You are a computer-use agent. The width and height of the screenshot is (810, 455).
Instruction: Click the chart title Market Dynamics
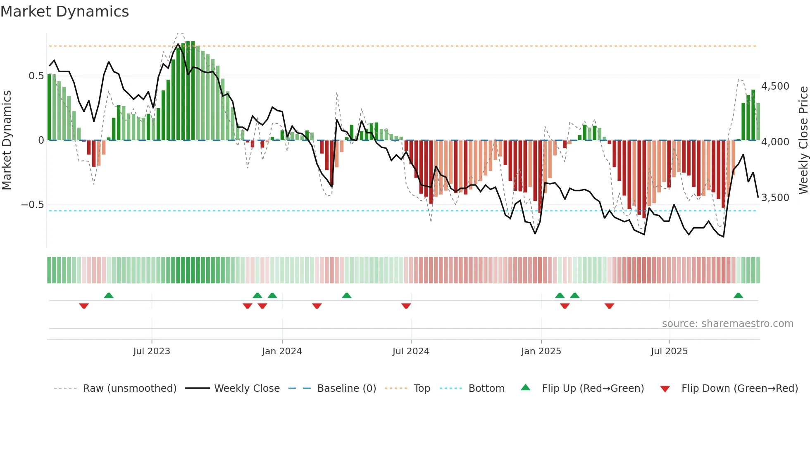click(64, 12)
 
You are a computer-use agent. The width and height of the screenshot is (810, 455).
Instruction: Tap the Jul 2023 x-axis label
click(151, 351)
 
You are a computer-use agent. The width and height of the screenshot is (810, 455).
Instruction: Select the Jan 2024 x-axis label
click(282, 351)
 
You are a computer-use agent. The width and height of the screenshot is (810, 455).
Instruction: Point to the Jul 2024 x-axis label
click(411, 351)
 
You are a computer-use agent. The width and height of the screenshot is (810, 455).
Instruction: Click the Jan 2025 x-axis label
click(541, 351)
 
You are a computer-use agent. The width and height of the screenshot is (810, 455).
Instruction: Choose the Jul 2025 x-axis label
click(669, 351)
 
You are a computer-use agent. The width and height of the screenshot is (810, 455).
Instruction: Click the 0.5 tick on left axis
click(36, 76)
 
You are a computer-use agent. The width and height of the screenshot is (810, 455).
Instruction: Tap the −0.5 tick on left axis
click(32, 205)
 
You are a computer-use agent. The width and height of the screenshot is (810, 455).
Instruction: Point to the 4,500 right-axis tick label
click(775, 86)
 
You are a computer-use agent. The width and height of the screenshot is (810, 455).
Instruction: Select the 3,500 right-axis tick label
click(775, 198)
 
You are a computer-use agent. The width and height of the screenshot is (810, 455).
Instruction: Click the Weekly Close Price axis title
click(803, 140)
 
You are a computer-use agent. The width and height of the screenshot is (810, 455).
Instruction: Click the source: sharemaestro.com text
click(727, 324)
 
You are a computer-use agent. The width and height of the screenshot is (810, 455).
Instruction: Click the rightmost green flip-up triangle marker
click(738, 296)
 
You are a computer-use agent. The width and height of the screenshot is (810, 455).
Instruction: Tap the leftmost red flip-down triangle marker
click(84, 306)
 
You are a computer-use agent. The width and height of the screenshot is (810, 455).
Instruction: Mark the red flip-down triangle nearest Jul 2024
click(406, 306)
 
